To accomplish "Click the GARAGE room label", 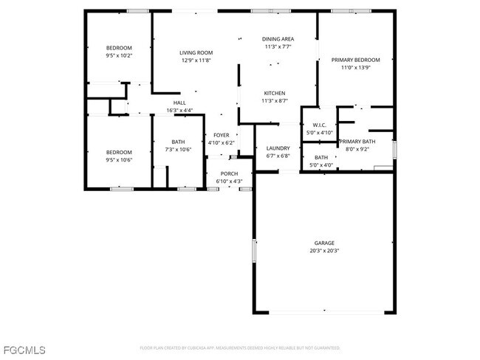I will [x=324, y=243].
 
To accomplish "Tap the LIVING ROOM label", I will [x=196, y=52].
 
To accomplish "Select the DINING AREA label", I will [x=278, y=38].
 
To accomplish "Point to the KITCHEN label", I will [x=275, y=93].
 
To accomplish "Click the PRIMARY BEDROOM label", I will [x=355, y=60].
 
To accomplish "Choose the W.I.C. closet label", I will [x=320, y=125].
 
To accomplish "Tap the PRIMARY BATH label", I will [x=357, y=141].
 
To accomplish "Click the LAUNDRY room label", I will [x=278, y=148].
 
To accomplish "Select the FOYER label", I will [x=222, y=135].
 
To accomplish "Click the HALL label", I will [x=179, y=103].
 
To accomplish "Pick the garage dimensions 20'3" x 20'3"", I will [x=324, y=251].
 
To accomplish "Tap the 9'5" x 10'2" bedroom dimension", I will [x=118, y=55].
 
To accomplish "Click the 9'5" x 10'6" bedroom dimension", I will [x=118, y=159].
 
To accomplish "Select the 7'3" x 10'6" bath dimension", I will [x=178, y=149].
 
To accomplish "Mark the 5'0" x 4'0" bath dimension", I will [x=321, y=165].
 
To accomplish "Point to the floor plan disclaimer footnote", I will [x=240, y=347].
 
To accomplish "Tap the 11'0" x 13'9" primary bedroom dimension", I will [x=355, y=68].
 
